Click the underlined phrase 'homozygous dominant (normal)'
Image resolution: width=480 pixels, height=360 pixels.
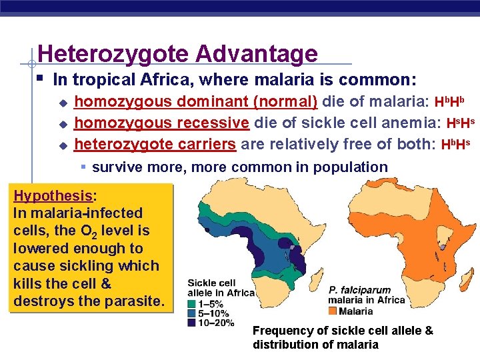(195, 102)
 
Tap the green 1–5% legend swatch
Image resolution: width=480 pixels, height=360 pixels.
(191, 303)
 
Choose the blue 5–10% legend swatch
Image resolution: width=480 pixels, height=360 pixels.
(191, 313)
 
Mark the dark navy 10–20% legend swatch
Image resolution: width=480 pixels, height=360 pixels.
(191, 322)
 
